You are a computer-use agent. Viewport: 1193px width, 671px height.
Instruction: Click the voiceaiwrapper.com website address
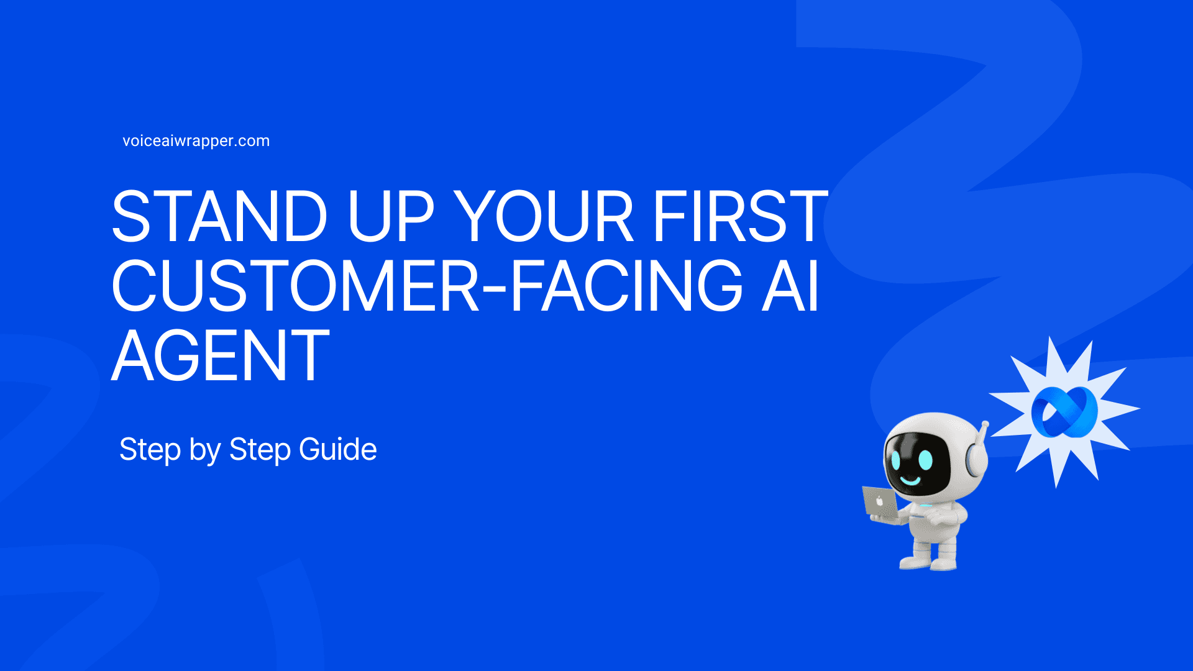pyautogui.click(x=196, y=141)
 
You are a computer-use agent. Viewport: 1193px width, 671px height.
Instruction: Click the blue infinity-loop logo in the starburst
pyautogui.click(x=1064, y=411)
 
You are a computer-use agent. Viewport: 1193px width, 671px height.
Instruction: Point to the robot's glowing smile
pyautogui.click(x=911, y=480)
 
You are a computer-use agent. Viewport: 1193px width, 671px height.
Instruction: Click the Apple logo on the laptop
pyautogui.click(x=879, y=501)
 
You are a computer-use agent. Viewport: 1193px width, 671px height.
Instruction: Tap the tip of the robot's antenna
pyautogui.click(x=985, y=425)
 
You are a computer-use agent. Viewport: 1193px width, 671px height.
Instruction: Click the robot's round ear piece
pyautogui.click(x=974, y=462)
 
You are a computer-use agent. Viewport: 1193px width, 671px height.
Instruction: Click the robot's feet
pyautogui.click(x=929, y=562)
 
